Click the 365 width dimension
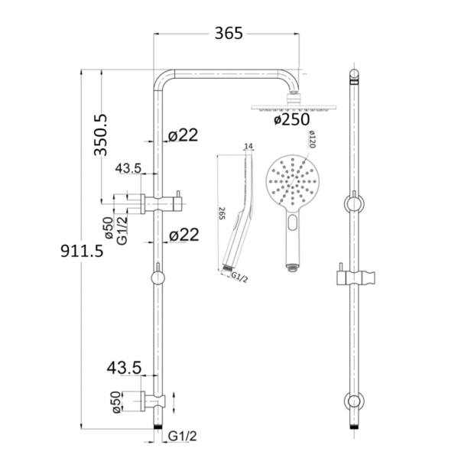pos(229,33)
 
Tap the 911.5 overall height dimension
pos(82,251)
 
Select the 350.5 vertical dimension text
pos(100,135)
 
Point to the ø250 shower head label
pos(292,119)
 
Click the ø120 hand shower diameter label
pos(312,139)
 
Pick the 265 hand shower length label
pos(222,213)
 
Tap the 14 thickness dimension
pos(248,146)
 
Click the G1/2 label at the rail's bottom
pos(182,437)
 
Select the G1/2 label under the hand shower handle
pos(239,278)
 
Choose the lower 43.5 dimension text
pos(124,368)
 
